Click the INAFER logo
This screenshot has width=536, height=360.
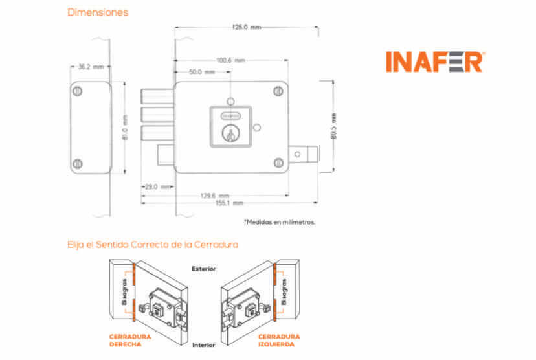tap(434, 61)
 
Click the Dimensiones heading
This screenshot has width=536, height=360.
tap(98, 12)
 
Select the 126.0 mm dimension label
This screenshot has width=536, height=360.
tap(247, 27)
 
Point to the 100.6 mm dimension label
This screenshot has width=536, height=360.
tap(230, 60)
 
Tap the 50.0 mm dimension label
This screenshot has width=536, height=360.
tap(201, 72)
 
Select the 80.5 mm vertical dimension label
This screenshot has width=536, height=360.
tap(334, 127)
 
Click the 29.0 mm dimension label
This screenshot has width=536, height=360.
tap(157, 186)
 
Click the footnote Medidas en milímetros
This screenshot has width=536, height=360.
tap(280, 222)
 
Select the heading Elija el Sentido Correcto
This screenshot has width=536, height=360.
tap(153, 245)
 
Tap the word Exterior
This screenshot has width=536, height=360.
tap(203, 268)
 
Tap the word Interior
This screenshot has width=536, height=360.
tap(203, 346)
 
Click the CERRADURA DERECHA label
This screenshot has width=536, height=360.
tap(130, 340)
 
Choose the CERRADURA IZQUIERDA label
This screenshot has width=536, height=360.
tap(279, 340)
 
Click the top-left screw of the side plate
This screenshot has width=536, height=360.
tap(77, 91)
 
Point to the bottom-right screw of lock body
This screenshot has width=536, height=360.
tap(278, 162)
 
